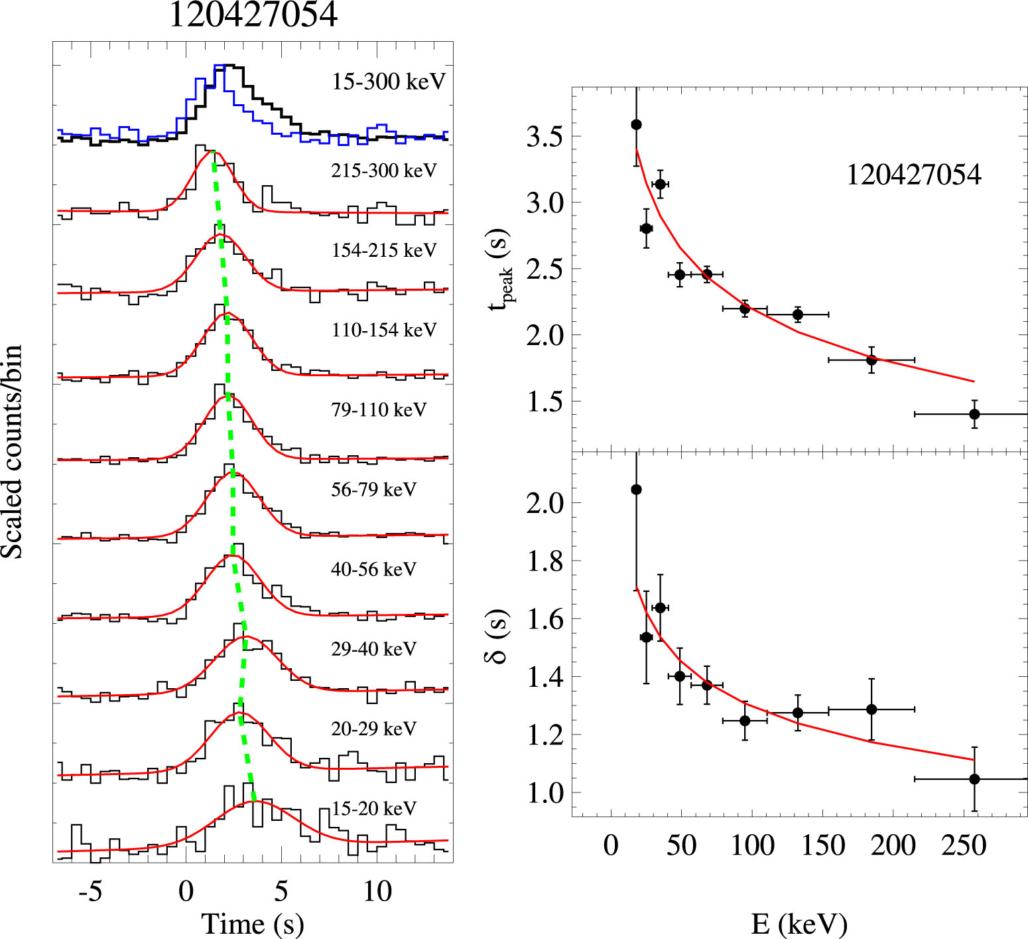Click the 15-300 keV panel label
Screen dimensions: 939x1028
pyautogui.click(x=389, y=82)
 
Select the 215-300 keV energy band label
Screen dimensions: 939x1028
pyautogui.click(x=384, y=171)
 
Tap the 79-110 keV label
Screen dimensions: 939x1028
pyautogui.click(x=379, y=409)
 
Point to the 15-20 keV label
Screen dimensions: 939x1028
pyautogui.click(x=374, y=808)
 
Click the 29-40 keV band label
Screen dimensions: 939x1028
pyautogui.click(x=373, y=648)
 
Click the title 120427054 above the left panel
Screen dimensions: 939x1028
pyautogui.click(x=253, y=15)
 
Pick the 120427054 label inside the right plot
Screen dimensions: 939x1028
pyautogui.click(x=913, y=175)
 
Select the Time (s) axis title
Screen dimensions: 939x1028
pyautogui.click(x=253, y=923)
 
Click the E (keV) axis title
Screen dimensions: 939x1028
pyautogui.click(x=799, y=923)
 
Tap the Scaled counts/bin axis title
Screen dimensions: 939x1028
pyautogui.click(x=12, y=451)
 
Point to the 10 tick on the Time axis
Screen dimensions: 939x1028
pyautogui.click(x=377, y=891)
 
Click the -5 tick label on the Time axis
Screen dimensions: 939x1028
pyautogui.click(x=90, y=891)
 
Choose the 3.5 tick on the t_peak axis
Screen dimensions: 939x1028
pyautogui.click(x=544, y=137)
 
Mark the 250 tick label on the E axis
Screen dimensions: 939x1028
pyautogui.click(x=964, y=845)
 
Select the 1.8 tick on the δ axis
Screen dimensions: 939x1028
pyautogui.click(x=544, y=561)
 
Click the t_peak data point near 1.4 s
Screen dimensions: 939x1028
pyautogui.click(x=974, y=414)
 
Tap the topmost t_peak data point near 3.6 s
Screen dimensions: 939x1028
pyautogui.click(x=636, y=125)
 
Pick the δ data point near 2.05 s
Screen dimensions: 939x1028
pyautogui.click(x=636, y=490)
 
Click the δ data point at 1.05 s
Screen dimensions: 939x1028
pyautogui.click(x=974, y=779)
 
